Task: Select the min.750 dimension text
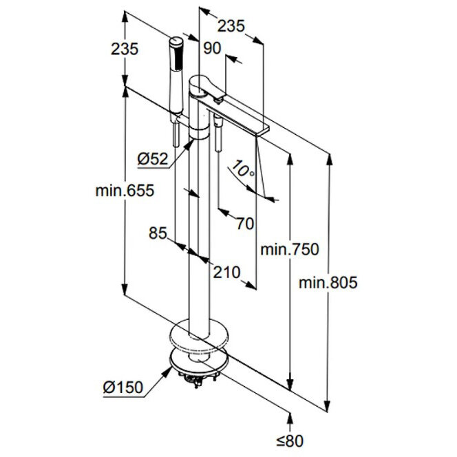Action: [290, 249]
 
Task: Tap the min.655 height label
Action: [125, 191]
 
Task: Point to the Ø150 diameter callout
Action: [123, 387]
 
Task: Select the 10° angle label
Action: [243, 167]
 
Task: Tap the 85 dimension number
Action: [158, 233]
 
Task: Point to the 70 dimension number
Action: [244, 223]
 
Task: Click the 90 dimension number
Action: [212, 47]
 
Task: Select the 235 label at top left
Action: [125, 49]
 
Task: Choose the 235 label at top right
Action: [231, 26]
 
